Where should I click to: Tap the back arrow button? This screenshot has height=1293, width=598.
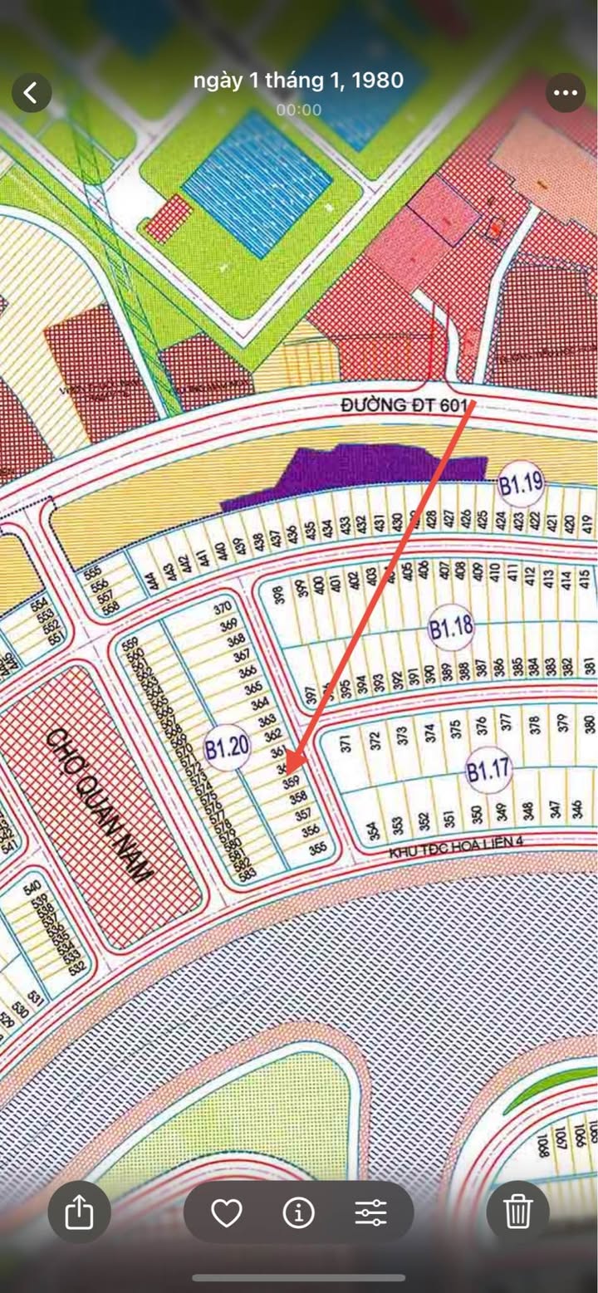point(32,92)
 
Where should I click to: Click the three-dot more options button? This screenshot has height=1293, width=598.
point(566,92)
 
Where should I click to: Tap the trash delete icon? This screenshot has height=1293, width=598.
point(517,1212)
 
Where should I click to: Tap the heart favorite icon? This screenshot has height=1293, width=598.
point(226,1213)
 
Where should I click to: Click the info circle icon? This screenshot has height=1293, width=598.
point(298,1213)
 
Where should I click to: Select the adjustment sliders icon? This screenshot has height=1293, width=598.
point(370,1213)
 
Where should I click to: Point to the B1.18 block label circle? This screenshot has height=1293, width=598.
point(451,628)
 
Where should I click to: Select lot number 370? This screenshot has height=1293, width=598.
point(223,608)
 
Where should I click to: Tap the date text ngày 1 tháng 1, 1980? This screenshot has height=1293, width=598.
point(298,81)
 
